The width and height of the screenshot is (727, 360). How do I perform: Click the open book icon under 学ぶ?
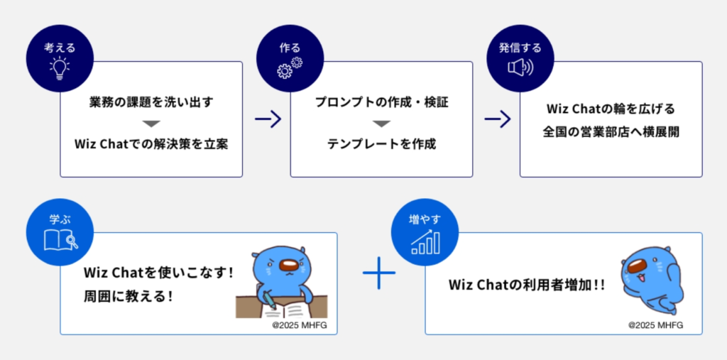[60, 239]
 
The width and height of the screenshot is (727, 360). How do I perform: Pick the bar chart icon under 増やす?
[425, 240]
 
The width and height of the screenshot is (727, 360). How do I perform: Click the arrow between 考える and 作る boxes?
[267, 119]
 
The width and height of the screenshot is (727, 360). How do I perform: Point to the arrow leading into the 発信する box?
[497, 119]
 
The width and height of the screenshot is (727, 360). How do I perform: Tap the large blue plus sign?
[378, 273]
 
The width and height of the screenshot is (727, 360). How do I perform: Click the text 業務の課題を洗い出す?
[152, 102]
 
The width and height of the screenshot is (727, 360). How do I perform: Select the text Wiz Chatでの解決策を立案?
[152, 143]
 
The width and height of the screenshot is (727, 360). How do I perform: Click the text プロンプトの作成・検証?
[382, 102]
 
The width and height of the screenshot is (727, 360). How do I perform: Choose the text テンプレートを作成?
[382, 143]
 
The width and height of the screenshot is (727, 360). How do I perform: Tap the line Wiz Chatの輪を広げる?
[611, 109]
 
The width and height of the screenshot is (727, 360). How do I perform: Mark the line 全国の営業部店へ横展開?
[611, 132]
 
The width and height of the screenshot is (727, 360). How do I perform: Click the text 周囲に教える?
[129, 295]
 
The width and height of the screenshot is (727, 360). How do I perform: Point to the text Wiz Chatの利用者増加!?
[527, 284]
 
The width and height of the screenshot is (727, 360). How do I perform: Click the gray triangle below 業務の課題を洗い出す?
[152, 123]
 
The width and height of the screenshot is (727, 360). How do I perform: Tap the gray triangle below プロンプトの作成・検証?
[382, 123]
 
